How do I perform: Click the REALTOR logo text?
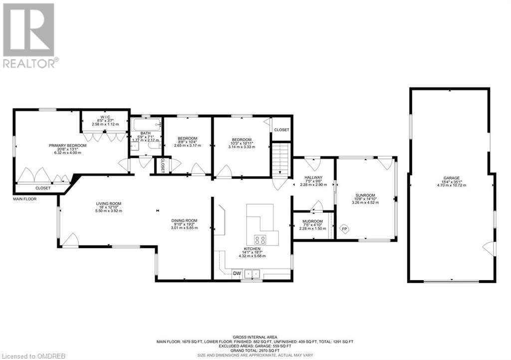tap(30, 63)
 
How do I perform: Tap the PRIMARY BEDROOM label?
tap(67, 146)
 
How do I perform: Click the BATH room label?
tap(145, 133)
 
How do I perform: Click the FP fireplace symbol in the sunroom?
tap(344, 229)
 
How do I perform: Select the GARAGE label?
tap(452, 178)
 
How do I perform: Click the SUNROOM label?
tap(365, 195)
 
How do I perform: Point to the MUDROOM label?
tap(313, 221)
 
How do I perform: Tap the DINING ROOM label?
tap(185, 220)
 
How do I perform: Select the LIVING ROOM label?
tap(109, 203)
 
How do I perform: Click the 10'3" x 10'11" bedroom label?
tap(242, 140)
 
